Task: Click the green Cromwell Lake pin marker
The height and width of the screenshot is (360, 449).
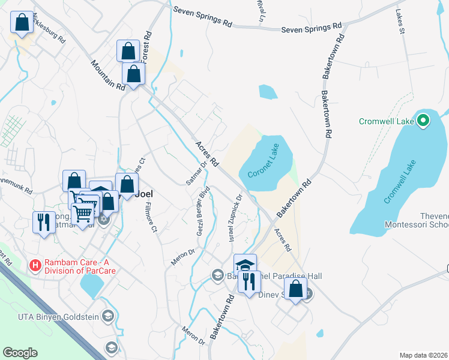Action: pyautogui.click(x=423, y=121)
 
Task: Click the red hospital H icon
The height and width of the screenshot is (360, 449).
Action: pyautogui.click(x=35, y=264)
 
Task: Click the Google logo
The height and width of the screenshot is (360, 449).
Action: pyautogui.click(x=20, y=353)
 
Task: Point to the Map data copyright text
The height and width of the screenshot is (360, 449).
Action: pyautogui.click(x=423, y=355)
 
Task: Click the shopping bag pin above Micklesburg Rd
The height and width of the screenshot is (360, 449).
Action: pyautogui.click(x=22, y=23)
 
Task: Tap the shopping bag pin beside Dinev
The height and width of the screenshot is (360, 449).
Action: pyautogui.click(x=296, y=290)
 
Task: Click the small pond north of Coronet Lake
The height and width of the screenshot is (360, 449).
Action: pyautogui.click(x=268, y=92)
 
